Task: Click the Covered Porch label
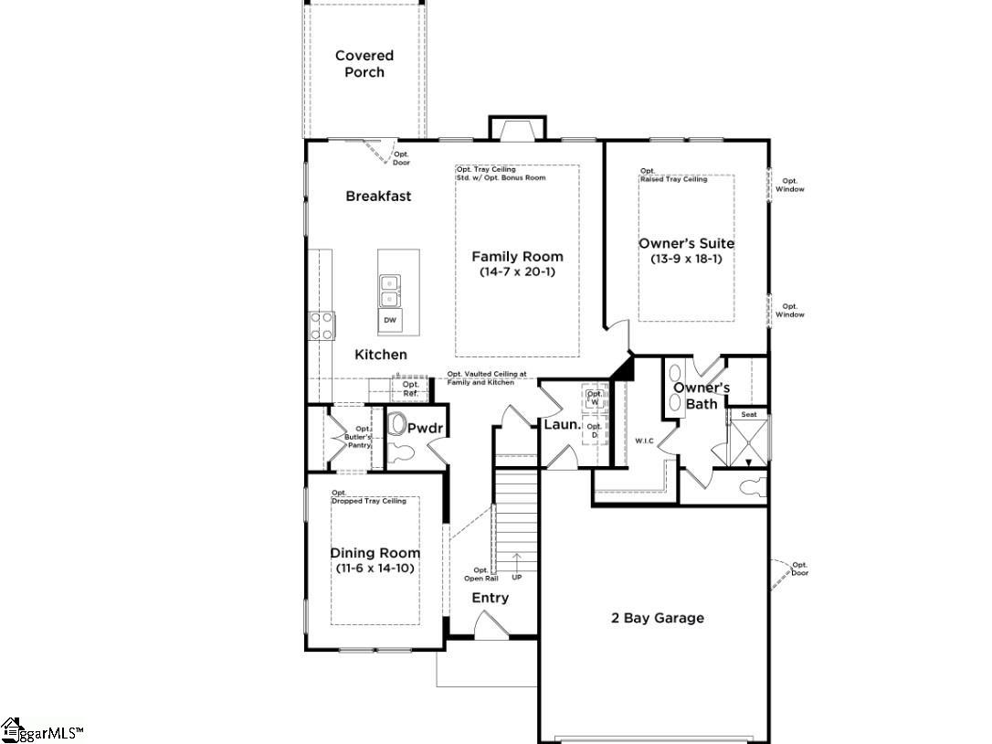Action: tap(364, 64)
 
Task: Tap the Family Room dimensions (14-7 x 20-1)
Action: tap(517, 272)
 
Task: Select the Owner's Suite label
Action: tap(686, 243)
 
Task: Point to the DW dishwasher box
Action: tap(390, 320)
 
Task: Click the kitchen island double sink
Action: tap(390, 290)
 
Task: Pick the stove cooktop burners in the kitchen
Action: tap(322, 325)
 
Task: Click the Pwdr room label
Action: tap(425, 428)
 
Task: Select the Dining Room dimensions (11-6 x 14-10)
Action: tap(375, 569)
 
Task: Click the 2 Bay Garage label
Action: tap(658, 618)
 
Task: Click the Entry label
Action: tap(490, 598)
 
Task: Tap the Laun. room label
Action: tap(563, 425)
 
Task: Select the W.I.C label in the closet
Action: tap(644, 441)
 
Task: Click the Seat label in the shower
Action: tap(749, 415)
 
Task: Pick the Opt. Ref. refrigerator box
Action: tap(411, 388)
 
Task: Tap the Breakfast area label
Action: tap(378, 196)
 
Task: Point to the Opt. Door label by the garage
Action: tap(799, 569)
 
